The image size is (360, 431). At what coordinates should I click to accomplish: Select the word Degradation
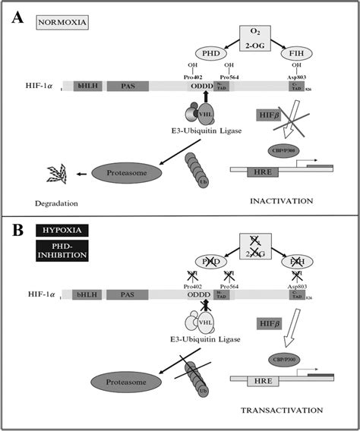(53, 203)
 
